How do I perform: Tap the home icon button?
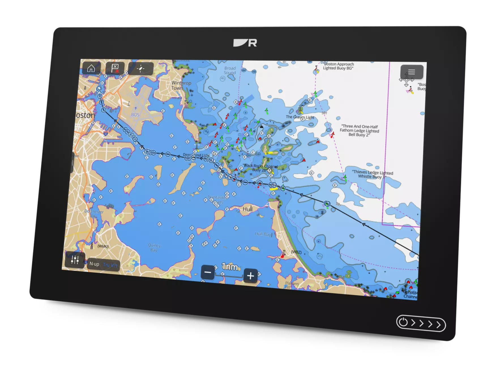[x=91, y=68]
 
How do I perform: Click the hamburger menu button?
[x=411, y=72]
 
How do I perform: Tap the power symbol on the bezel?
[x=403, y=322]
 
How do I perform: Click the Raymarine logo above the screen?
[x=245, y=43]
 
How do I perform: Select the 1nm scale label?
[x=230, y=266]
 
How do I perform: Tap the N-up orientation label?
[x=94, y=264]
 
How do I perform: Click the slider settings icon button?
[x=75, y=259]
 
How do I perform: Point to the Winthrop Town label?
[x=181, y=85]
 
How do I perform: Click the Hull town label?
[x=247, y=209]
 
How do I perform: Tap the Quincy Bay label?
[x=154, y=247]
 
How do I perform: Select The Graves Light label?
[x=300, y=117]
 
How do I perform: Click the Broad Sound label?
[x=230, y=70]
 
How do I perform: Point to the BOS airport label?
[x=135, y=115]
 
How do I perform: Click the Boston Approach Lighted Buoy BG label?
[x=338, y=66]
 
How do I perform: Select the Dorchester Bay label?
[x=94, y=213]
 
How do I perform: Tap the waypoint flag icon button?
[x=115, y=68]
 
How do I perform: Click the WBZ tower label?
[x=296, y=252]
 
